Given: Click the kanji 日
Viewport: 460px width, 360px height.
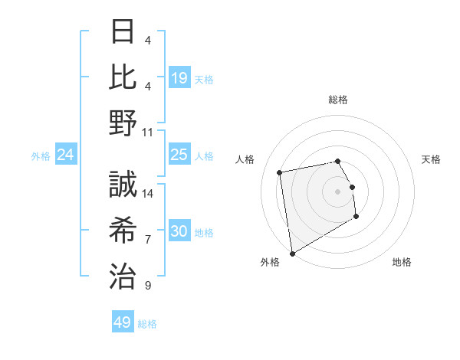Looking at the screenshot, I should pyautogui.click(x=123, y=32).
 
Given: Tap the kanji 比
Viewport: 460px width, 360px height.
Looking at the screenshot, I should pyautogui.click(x=123, y=77).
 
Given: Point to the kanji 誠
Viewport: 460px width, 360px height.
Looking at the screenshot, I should pyautogui.click(x=123, y=185).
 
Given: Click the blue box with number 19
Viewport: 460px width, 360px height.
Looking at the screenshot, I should pyautogui.click(x=179, y=77).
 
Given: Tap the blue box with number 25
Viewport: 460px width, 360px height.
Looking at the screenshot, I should pyautogui.click(x=179, y=155).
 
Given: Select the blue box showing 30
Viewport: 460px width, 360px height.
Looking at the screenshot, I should pyautogui.click(x=179, y=231).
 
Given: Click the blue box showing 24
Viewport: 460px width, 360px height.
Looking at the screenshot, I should pyautogui.click(x=65, y=155).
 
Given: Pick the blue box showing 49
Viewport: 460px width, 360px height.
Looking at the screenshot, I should pyautogui.click(x=123, y=322).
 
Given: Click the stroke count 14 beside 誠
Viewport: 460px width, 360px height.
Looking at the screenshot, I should pyautogui.click(x=148, y=194).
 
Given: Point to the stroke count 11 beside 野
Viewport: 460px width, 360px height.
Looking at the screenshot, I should pyautogui.click(x=148, y=131).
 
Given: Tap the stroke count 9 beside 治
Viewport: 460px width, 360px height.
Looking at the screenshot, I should pyautogui.click(x=148, y=286).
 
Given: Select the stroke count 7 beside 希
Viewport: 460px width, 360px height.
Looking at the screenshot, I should pyautogui.click(x=148, y=240).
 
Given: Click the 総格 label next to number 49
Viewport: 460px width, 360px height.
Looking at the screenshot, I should pyautogui.click(x=147, y=324).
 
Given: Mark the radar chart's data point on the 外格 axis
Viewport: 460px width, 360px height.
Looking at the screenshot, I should pyautogui.click(x=291, y=253).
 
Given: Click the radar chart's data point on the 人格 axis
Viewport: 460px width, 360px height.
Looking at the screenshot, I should pyautogui.click(x=280, y=172).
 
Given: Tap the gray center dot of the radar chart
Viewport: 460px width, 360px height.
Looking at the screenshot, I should pyautogui.click(x=337, y=191).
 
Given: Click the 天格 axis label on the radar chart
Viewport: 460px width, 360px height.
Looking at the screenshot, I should pyautogui.click(x=432, y=159).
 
